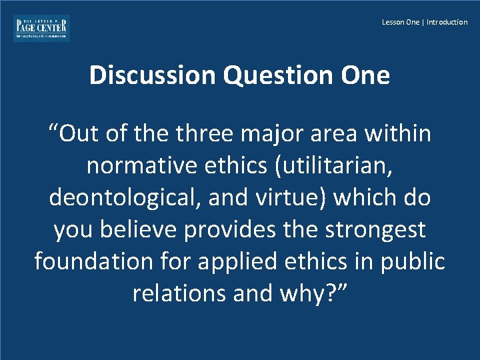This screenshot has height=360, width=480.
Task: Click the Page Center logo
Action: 41,28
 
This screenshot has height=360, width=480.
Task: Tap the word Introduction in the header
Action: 447,22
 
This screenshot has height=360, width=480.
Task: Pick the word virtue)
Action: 296,197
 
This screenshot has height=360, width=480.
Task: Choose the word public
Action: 411,261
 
